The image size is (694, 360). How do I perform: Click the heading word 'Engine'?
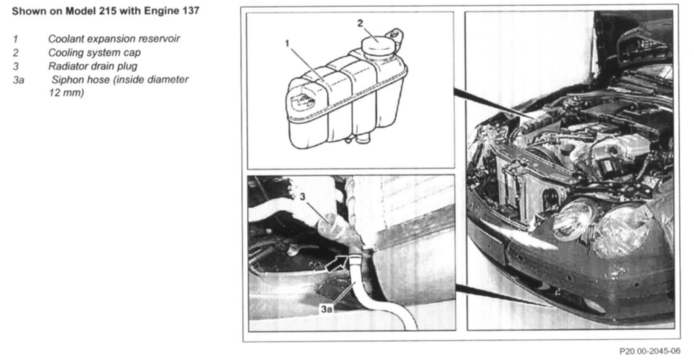(x=162, y=11)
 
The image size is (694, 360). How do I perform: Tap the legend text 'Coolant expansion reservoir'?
(x=114, y=39)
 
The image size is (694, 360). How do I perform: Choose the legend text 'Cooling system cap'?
(x=94, y=52)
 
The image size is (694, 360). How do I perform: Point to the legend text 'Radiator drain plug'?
(x=93, y=66)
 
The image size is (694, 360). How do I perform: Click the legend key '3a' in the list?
(x=18, y=80)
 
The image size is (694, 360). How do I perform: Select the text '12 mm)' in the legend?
(x=66, y=93)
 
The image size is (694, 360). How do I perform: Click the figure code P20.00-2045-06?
(x=650, y=351)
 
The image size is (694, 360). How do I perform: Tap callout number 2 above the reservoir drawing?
(x=360, y=23)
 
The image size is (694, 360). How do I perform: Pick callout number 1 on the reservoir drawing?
(x=287, y=43)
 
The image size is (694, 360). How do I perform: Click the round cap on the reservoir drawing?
(x=378, y=46)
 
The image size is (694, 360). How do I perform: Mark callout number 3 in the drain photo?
(x=303, y=197)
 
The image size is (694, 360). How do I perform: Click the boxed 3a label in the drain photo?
(x=326, y=309)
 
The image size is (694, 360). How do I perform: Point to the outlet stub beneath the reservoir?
(x=363, y=138)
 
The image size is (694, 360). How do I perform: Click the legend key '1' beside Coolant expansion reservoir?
(x=16, y=39)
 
